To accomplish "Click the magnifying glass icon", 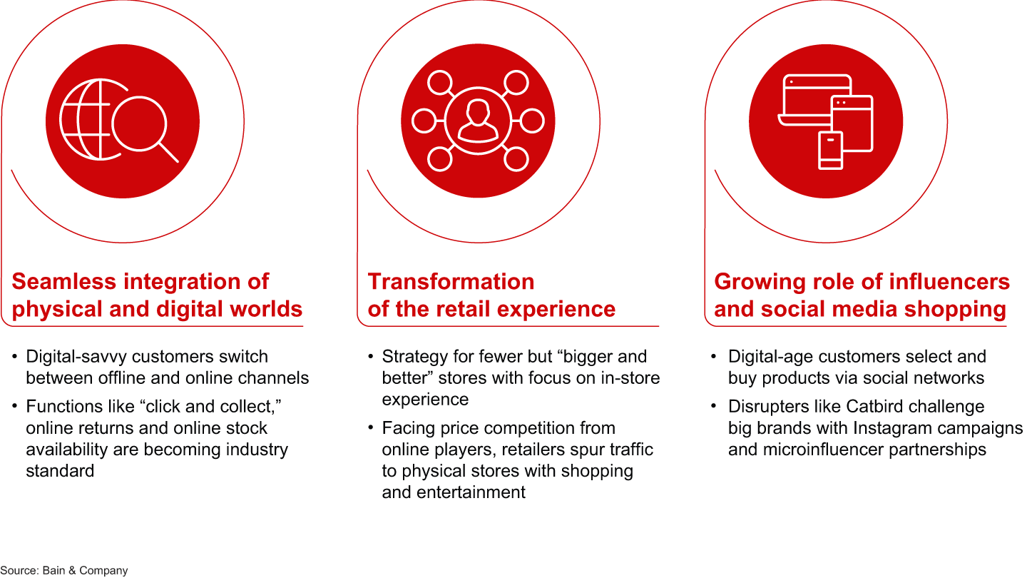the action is tap(140, 125).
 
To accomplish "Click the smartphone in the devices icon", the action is tap(830, 151).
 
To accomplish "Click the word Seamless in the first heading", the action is tap(63, 282).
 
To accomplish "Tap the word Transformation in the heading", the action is tap(451, 282).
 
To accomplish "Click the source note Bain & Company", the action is tap(86, 570).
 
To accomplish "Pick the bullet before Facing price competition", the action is tap(370, 427).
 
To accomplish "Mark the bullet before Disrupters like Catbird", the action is tap(713, 406).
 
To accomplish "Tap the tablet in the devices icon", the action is tap(852, 123).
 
